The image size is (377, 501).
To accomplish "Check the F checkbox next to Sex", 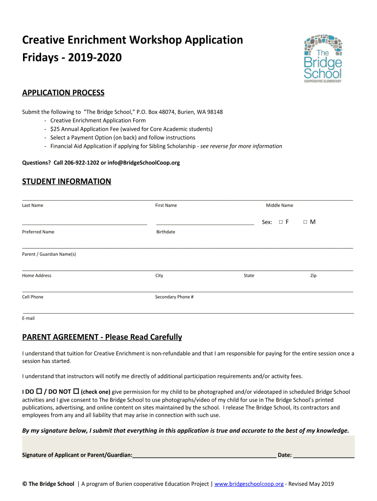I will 281,222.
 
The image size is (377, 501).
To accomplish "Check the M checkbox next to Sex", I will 305,222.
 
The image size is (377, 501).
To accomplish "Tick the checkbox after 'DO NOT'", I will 76,392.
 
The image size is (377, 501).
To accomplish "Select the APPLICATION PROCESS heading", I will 63,93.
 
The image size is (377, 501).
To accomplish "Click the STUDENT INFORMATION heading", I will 67,182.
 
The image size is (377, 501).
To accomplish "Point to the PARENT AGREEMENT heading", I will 102,337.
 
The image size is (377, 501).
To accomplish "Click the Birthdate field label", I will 165,232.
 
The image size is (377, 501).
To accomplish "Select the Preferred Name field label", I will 38,232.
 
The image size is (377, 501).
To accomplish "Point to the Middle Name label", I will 279,205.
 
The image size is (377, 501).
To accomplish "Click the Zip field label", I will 313,275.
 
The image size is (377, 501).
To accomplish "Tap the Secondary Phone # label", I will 174,297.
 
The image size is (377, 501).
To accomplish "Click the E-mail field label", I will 28,318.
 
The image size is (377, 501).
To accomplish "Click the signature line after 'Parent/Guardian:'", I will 204,455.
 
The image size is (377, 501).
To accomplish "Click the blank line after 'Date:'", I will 324,455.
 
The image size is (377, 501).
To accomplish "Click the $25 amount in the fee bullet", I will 54,129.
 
